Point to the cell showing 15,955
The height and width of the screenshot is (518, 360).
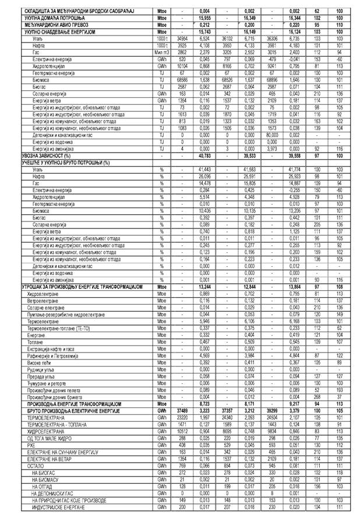pyautogui.click(x=204, y=18)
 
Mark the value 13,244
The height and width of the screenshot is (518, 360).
pyautogui.click(x=204, y=288)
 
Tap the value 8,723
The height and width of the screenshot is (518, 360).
pyautogui.click(x=204, y=403)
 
